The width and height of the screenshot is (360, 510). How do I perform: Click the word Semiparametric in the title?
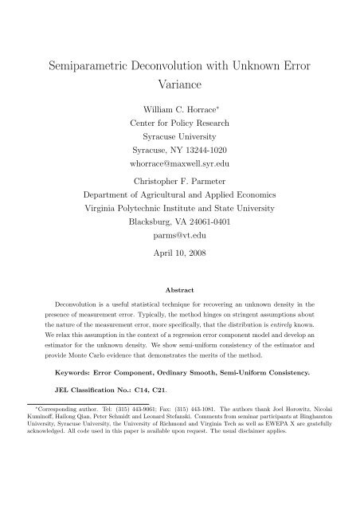88,66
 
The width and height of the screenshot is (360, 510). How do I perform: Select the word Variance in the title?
180,92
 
